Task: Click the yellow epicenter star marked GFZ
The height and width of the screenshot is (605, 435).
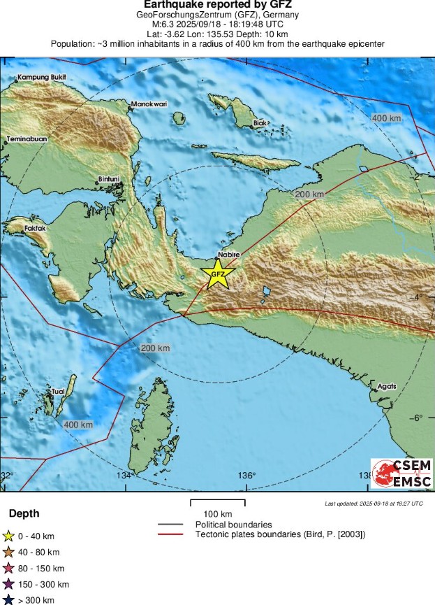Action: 218,273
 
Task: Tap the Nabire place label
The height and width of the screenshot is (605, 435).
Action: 229,255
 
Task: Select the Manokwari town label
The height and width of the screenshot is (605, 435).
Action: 149,104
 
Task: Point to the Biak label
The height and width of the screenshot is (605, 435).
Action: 260,123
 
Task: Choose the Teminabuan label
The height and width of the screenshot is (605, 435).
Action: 27,139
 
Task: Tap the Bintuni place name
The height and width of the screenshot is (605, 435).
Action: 110,179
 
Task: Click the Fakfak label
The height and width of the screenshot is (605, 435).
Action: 32,228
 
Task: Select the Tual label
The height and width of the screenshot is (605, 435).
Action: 58,392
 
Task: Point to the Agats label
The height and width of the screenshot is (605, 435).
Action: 386,386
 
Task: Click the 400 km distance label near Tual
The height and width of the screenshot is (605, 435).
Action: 78,425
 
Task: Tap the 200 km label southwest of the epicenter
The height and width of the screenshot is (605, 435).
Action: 155,348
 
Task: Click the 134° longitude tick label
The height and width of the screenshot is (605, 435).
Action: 124,476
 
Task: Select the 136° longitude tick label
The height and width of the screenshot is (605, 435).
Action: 248,476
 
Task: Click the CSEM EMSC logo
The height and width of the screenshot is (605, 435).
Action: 401,474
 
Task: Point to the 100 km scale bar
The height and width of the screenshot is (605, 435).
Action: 217,503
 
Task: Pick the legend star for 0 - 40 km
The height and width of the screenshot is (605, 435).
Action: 9,536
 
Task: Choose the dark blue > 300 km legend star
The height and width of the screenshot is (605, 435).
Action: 9,599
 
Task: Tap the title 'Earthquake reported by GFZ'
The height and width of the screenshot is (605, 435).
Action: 217,4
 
